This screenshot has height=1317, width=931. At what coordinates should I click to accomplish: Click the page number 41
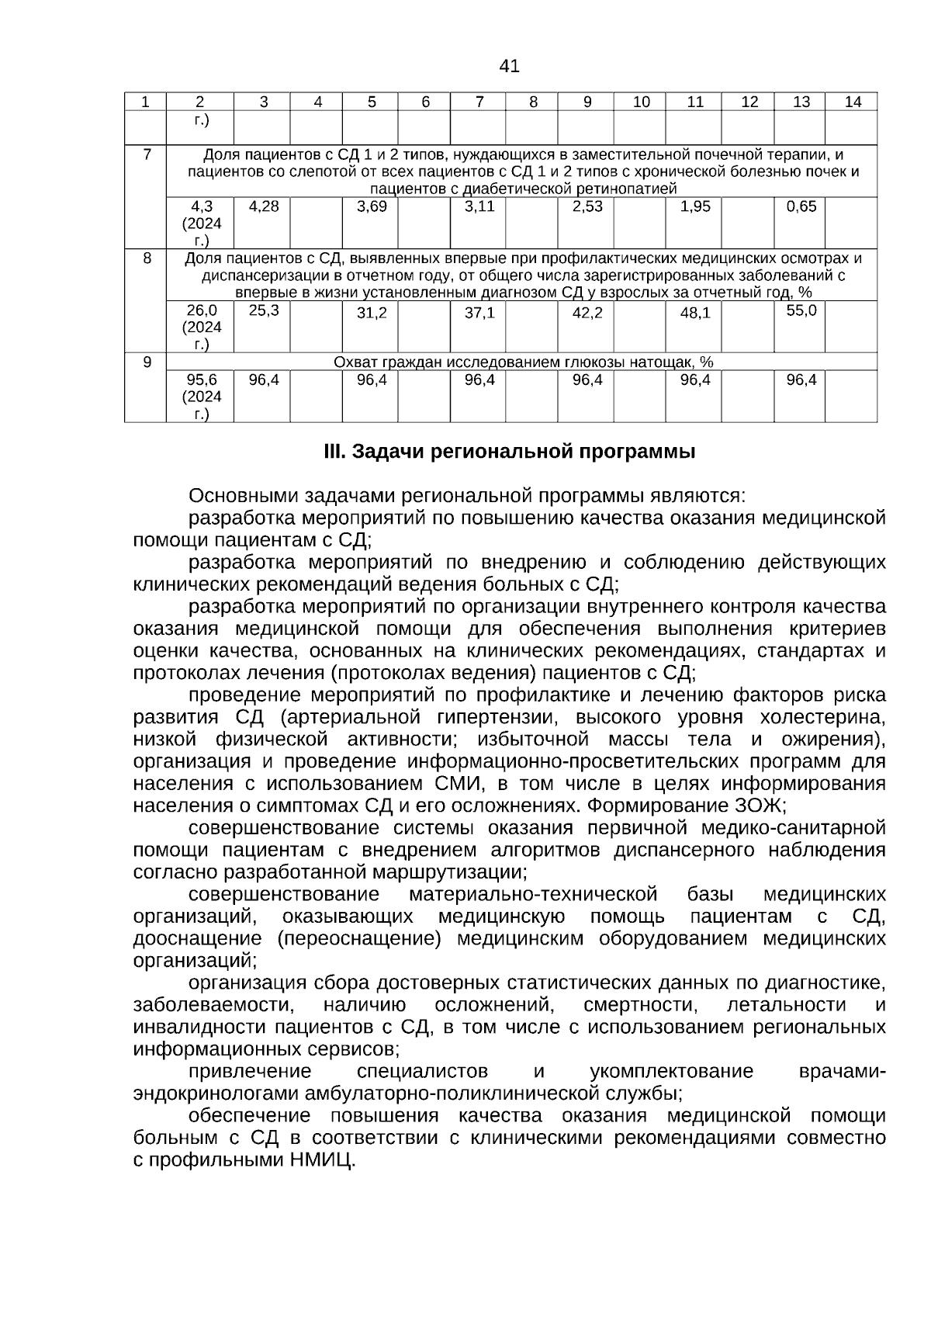click(509, 67)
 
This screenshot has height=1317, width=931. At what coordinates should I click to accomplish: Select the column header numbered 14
click(852, 102)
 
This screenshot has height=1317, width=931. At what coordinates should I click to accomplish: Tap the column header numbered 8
click(533, 102)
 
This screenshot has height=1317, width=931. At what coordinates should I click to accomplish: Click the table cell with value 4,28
click(264, 206)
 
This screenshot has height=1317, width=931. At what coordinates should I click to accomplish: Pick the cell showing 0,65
click(801, 206)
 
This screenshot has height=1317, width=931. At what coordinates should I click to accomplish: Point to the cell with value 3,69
click(372, 206)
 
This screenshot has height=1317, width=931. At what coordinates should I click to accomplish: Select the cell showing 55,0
click(801, 310)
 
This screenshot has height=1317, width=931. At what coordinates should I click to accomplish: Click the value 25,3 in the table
click(264, 310)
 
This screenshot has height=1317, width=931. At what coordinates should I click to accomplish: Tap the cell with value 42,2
click(587, 313)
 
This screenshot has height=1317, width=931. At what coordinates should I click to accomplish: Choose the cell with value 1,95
click(695, 206)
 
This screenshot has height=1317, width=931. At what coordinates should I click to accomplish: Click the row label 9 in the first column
click(147, 362)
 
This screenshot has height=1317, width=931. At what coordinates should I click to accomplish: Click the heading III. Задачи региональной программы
click(509, 452)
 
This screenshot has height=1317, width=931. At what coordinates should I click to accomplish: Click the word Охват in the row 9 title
click(354, 362)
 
